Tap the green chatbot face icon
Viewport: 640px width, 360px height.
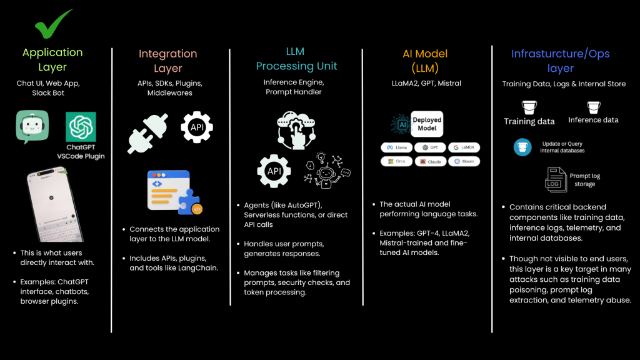click(x=32, y=127)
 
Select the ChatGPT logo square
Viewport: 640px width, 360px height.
click(x=81, y=127)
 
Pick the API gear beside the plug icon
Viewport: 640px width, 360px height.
click(x=196, y=127)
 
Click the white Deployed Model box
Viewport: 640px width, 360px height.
click(x=427, y=124)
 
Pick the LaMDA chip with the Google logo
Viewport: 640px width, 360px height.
click(x=464, y=147)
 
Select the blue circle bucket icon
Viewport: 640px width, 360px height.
click(x=522, y=147)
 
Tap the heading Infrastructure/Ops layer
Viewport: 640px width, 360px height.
click(x=560, y=61)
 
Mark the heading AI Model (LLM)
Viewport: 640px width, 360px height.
click(x=425, y=61)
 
